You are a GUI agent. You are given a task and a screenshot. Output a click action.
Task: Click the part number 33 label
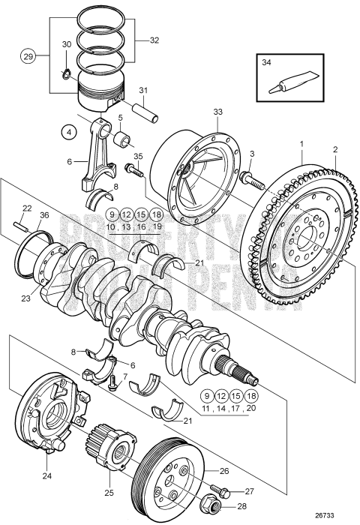click(217, 112)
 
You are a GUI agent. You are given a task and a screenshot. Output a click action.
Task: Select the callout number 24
click(46, 475)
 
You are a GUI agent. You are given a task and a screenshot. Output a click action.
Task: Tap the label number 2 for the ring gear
click(336, 149)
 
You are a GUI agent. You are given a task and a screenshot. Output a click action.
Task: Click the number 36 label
click(43, 216)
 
